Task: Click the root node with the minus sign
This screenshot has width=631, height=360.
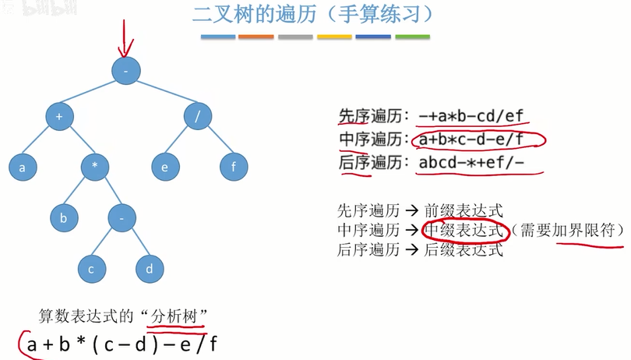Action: (x=125, y=70)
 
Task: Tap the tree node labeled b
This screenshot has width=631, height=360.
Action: (x=65, y=217)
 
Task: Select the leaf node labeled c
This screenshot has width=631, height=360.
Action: (x=91, y=269)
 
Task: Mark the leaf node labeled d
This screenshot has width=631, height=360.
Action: (x=149, y=269)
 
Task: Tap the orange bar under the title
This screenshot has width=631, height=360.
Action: (x=256, y=37)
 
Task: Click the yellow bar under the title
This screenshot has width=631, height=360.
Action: (x=334, y=37)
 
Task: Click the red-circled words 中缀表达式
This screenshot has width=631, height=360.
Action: (x=464, y=231)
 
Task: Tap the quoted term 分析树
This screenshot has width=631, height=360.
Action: (x=182, y=316)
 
